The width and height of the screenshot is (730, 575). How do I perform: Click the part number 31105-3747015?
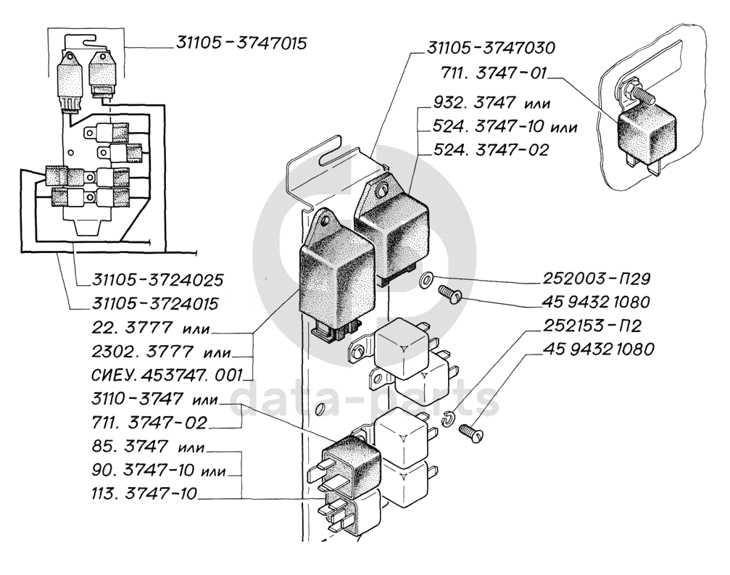click(x=241, y=44)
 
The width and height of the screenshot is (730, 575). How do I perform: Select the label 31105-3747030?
click(x=491, y=48)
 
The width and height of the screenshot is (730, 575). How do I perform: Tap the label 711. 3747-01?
click(x=493, y=73)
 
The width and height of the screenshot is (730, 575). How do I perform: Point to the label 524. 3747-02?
click(x=491, y=150)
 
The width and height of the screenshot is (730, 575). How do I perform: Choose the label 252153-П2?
click(x=592, y=326)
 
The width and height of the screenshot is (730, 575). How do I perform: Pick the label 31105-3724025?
click(x=158, y=281)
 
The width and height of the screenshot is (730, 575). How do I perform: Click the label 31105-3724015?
click(x=156, y=304)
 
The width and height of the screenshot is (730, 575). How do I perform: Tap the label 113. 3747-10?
click(x=144, y=493)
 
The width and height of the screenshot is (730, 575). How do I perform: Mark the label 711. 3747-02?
click(x=149, y=423)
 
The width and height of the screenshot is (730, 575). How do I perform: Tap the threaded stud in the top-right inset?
click(x=639, y=92)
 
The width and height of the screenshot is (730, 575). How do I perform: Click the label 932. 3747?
click(x=474, y=102)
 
